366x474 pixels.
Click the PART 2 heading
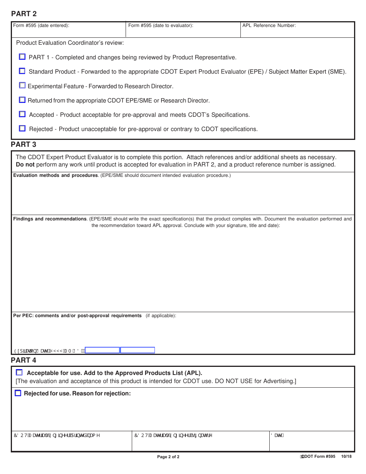24,14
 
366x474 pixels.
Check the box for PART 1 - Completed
22,57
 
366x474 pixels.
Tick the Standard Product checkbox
22,71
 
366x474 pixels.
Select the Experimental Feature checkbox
22,86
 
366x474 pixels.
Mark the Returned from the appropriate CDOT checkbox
22,100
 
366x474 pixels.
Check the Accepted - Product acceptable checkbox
22,114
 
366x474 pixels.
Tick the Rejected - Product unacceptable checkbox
22,128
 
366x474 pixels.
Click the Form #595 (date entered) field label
41,25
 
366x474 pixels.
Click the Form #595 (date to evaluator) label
161,25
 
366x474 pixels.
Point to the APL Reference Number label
269,25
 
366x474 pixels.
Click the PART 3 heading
24,145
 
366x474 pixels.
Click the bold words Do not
25,165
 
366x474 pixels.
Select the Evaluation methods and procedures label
55,176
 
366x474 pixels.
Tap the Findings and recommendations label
50,219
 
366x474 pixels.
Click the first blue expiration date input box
102,350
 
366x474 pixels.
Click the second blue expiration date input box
138,350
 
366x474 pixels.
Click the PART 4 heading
24,360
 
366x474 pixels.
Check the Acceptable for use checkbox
19,373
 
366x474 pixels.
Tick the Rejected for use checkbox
18,393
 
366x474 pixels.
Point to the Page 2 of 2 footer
168,457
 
